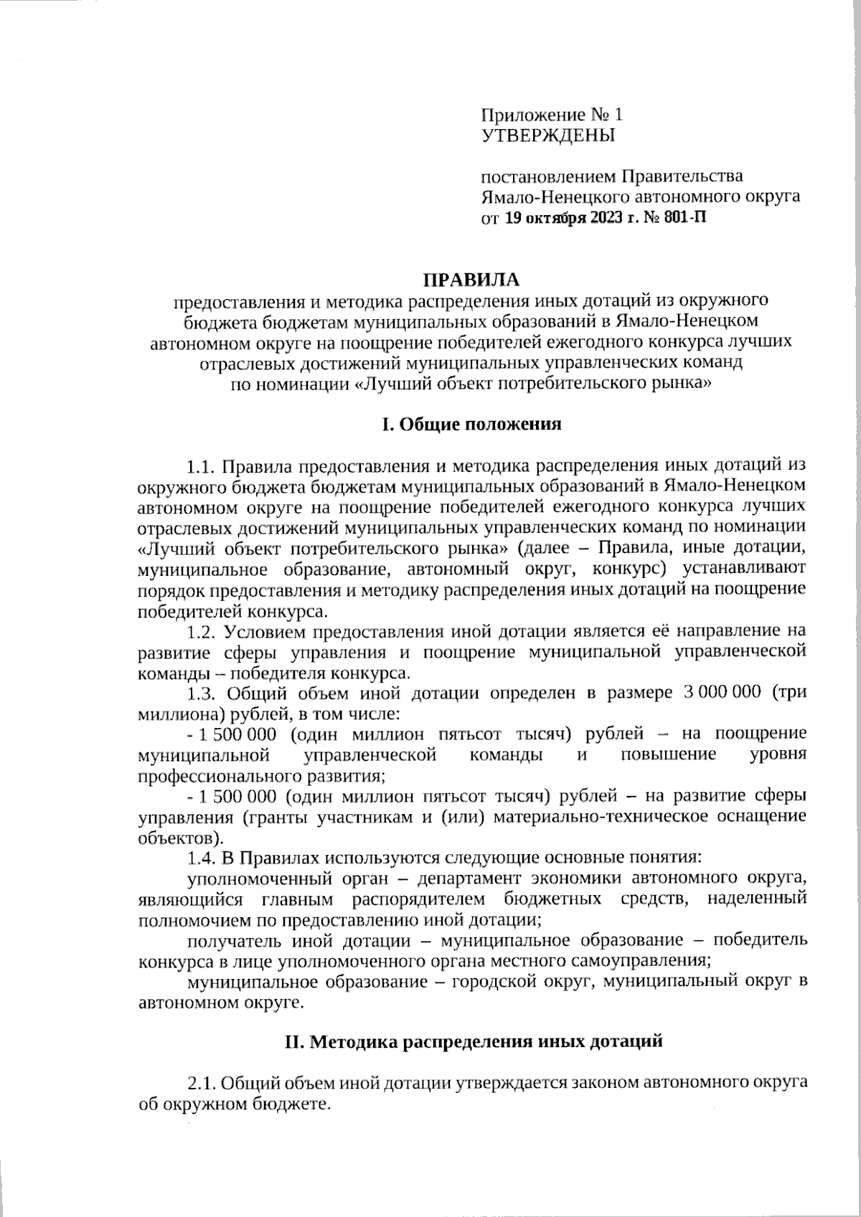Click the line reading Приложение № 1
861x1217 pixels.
[552, 115]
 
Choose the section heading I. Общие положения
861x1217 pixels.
[471, 425]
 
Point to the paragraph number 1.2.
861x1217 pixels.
[202, 632]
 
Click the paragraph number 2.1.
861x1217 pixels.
[202, 1082]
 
